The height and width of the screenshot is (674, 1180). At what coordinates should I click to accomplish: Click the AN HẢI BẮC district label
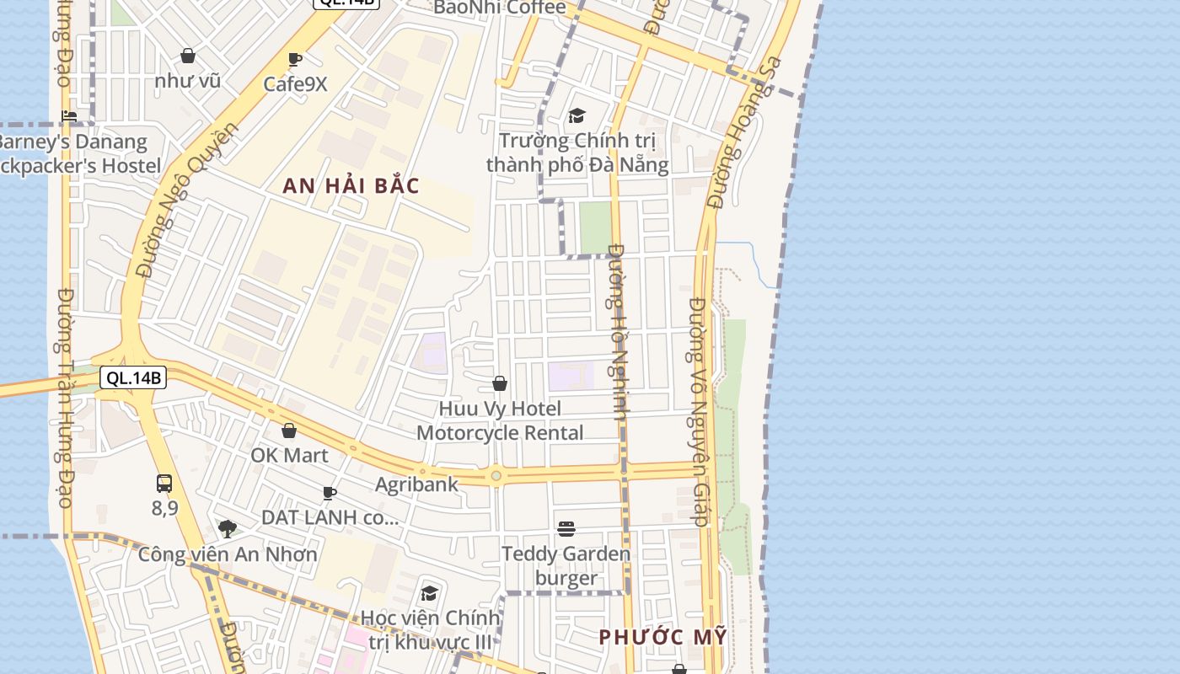[351, 186]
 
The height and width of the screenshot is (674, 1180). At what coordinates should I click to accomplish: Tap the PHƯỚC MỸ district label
[662, 637]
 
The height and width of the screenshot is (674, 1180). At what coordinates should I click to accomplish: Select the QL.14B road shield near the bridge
[133, 377]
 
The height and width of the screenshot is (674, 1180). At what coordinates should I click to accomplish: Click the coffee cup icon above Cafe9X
[295, 60]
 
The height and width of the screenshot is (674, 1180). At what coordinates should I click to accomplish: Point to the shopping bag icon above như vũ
[188, 56]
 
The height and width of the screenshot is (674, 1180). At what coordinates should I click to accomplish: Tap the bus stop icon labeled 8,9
[164, 484]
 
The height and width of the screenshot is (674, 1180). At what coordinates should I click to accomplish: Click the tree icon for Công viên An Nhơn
[227, 529]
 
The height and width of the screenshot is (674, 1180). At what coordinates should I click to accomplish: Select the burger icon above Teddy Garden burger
[566, 529]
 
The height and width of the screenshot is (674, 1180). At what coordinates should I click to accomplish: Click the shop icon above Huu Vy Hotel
[500, 384]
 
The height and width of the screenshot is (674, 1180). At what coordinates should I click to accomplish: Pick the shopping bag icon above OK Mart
[289, 431]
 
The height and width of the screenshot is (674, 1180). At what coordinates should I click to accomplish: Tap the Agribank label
[416, 484]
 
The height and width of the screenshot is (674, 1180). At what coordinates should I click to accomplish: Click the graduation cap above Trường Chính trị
[577, 115]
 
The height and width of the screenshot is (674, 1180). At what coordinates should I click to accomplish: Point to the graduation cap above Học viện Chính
[429, 593]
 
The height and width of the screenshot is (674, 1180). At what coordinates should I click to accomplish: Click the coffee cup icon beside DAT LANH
[330, 493]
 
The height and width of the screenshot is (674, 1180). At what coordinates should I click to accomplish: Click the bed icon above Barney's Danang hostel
[69, 116]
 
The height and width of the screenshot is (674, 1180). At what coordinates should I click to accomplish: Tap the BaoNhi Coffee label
[500, 8]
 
